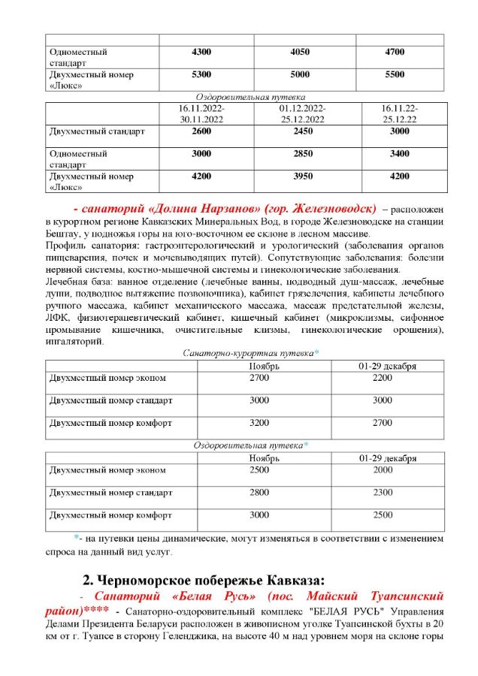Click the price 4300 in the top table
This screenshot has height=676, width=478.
click(202, 52)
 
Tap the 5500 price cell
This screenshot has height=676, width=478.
click(394, 74)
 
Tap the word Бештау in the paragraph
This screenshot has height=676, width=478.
click(62, 235)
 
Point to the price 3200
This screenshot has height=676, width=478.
click(259, 423)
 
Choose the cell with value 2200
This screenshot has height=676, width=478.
click(383, 378)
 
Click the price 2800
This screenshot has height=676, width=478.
click(259, 493)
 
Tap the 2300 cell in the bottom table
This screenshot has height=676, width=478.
click(383, 493)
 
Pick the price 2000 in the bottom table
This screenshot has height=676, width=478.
click(383, 470)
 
